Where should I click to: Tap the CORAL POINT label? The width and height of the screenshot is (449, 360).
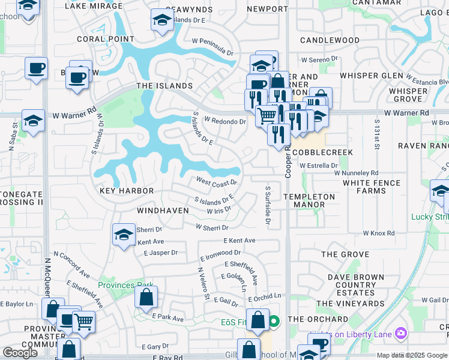click(x=106, y=39)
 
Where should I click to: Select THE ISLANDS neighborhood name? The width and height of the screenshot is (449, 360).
click(x=164, y=86)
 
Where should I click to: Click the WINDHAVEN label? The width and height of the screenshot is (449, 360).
click(x=163, y=211)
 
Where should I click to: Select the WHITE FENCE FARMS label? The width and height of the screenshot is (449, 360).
click(x=373, y=187)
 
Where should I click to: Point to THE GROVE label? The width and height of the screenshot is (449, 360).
click(x=345, y=254)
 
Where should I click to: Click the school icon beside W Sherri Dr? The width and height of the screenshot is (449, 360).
click(x=124, y=234)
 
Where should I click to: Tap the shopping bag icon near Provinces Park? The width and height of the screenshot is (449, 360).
click(x=146, y=296)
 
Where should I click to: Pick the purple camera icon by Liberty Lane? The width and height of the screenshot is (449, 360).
click(x=400, y=333)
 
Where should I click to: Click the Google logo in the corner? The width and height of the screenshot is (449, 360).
click(x=20, y=352)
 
